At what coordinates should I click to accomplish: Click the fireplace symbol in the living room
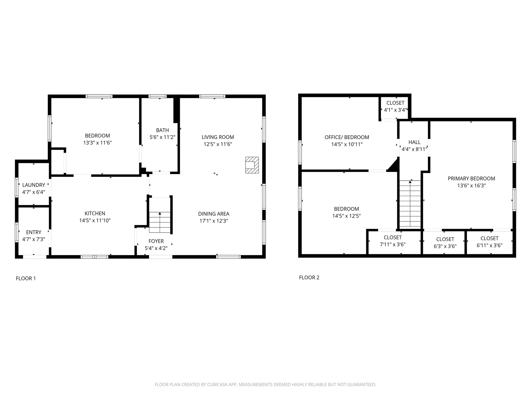point(252,165)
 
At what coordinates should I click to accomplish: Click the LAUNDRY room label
point(34,185)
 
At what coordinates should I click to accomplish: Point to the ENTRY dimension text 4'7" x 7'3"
point(34,239)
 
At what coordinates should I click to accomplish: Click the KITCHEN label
point(95,213)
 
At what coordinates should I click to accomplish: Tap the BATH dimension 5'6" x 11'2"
point(162,137)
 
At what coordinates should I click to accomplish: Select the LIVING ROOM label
point(218,137)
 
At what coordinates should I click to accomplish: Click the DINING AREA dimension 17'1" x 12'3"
point(214,221)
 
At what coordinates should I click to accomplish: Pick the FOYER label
point(156,241)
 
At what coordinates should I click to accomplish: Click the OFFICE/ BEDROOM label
point(347,137)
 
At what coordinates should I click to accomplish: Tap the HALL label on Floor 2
point(414,142)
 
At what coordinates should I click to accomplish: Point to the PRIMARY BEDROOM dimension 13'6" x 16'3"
point(471,186)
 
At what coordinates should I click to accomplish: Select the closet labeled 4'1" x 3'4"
point(395,106)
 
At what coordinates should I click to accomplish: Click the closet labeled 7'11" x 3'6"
point(393,241)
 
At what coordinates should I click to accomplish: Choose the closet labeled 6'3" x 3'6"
point(445,243)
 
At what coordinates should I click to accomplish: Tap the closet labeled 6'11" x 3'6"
point(489,242)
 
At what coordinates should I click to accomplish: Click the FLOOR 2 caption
point(309,277)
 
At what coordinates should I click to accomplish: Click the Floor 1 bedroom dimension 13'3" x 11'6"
point(97,143)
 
